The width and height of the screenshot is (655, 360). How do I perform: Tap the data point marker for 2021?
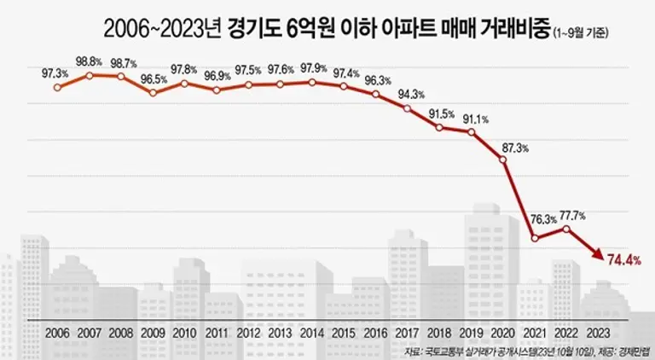535,238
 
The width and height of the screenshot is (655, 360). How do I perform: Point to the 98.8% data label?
90,61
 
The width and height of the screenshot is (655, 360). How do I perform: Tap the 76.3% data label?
536,219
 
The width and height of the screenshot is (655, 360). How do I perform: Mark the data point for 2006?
58,87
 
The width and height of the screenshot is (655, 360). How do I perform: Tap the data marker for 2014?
312,82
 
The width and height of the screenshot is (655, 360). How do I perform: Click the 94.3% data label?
409,94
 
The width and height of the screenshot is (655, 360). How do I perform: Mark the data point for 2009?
154,92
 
